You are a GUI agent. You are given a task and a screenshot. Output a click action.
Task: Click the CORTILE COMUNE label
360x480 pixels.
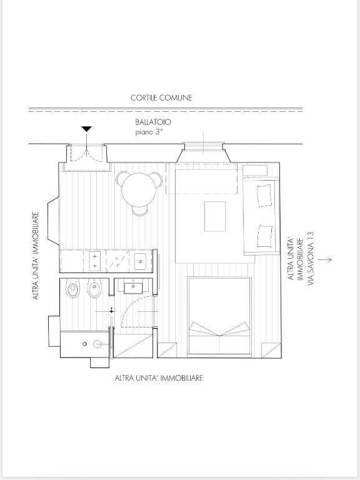pyautogui.click(x=161, y=97)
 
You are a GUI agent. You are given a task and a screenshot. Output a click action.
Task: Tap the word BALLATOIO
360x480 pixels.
pyautogui.click(x=153, y=122)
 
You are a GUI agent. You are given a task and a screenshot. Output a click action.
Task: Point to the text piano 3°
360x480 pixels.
pyautogui.click(x=149, y=132)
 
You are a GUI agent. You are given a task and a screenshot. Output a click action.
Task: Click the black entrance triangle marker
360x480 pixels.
pyautogui.click(x=87, y=129)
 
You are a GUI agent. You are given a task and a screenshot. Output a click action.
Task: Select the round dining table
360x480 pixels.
pyautogui.click(x=139, y=189)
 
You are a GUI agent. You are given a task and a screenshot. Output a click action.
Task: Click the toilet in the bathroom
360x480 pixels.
pyautogui.click(x=73, y=288)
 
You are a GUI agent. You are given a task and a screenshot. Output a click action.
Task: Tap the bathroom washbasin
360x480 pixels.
pyautogui.click(x=133, y=288)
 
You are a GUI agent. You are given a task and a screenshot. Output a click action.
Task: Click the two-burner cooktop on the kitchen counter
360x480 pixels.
pyautogui.click(x=95, y=261)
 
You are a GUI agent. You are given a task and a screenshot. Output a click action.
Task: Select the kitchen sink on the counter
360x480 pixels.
pyautogui.click(x=141, y=261)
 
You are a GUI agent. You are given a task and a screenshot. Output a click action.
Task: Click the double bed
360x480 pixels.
pyautogui.click(x=219, y=316)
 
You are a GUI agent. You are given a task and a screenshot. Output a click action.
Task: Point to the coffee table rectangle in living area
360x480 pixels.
pyautogui.click(x=215, y=216)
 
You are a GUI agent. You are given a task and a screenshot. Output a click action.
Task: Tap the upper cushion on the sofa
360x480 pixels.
pyautogui.click(x=264, y=195)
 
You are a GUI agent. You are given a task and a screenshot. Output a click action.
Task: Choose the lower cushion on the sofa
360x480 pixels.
pyautogui.click(x=265, y=236)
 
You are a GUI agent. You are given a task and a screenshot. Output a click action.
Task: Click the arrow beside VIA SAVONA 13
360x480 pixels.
pyautogui.click(x=324, y=259)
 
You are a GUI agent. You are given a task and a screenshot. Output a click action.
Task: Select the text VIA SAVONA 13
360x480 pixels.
pyautogui.click(x=311, y=258)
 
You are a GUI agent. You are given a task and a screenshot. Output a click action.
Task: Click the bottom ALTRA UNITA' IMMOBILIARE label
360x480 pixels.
pyautogui.click(x=159, y=378)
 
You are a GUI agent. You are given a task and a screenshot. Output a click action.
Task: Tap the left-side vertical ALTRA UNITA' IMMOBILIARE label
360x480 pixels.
pyautogui.click(x=36, y=256)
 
